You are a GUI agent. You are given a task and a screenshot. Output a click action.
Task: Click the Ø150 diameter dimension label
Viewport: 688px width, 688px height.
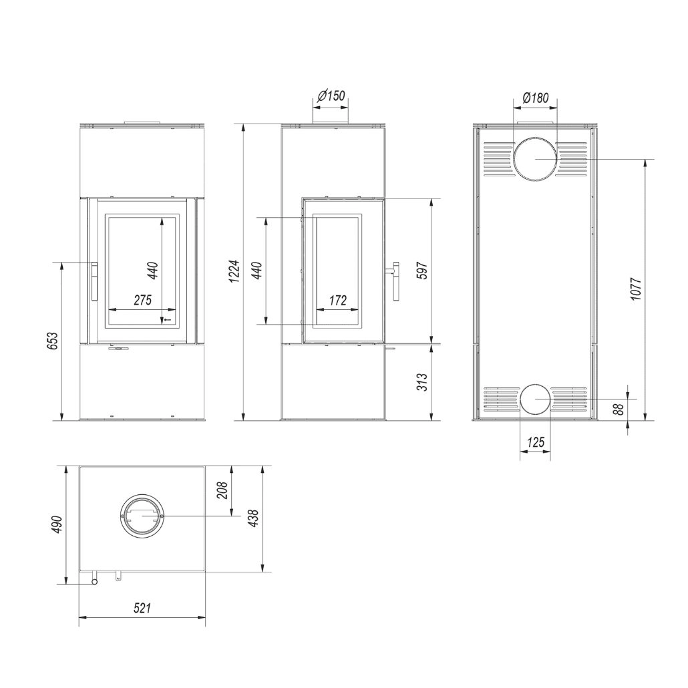331,96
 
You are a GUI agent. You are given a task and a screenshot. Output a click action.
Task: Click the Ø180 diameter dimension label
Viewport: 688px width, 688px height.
534,98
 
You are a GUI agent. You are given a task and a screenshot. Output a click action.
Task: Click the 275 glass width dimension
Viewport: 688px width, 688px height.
142,300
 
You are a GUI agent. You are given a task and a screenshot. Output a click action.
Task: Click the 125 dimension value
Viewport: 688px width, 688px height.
535,442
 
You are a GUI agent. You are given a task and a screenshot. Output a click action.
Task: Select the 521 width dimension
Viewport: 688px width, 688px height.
142,608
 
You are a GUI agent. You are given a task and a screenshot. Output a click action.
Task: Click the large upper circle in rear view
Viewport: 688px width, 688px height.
535,159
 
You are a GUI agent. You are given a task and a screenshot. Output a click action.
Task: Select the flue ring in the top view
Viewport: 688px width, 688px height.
142,517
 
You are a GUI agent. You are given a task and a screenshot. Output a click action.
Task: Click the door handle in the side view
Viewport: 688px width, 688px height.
395,281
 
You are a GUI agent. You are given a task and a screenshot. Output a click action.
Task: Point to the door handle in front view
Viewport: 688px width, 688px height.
94,281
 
